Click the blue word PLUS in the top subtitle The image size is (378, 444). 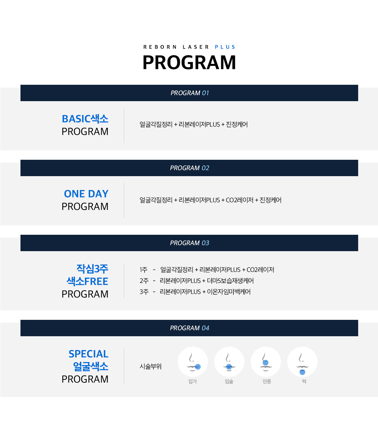(225, 47)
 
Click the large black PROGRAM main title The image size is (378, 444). (189, 62)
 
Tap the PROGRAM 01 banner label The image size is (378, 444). (190, 93)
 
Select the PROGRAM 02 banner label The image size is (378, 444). (190, 168)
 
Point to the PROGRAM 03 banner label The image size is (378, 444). (190, 243)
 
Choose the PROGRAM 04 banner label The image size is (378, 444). (190, 328)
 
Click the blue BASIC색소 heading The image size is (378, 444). (85, 119)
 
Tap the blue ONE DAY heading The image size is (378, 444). (86, 194)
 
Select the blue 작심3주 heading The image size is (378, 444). (92, 269)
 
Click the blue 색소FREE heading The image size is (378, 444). (88, 281)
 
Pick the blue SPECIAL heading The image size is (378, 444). (89, 354)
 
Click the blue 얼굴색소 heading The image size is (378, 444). (91, 366)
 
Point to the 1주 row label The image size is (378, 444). (143, 269)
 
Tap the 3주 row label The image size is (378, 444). (144, 292)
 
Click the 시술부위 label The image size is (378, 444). (151, 366)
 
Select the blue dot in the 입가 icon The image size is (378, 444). (198, 367)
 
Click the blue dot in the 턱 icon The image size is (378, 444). (302, 372)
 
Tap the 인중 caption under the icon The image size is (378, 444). (267, 381)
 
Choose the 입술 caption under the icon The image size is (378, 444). (229, 381)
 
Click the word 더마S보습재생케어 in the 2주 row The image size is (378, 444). (230, 280)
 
